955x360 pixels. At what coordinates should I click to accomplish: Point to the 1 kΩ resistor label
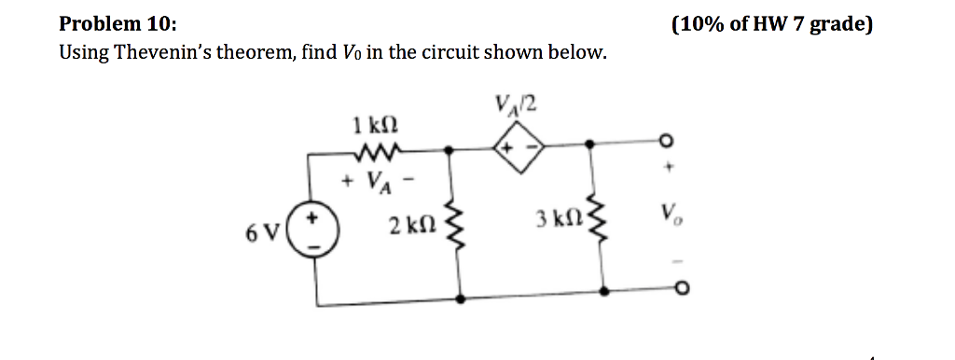pos(369,123)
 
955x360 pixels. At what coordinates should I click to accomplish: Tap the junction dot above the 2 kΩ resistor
pos(450,147)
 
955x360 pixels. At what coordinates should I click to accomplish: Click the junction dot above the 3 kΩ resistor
pos(589,145)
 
